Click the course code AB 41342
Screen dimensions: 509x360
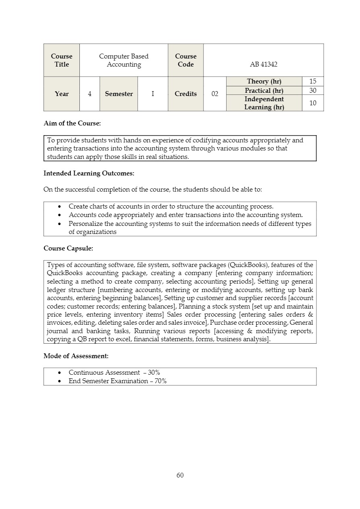pos(264,64)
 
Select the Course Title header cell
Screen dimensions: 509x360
pos(62,60)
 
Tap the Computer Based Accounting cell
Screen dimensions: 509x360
pos(124,60)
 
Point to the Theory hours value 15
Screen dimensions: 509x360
pos(312,81)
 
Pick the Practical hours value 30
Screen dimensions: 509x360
pos(312,90)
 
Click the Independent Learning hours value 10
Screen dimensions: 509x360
pos(312,103)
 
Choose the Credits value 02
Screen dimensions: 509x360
pos(215,94)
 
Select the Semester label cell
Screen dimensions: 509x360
pos(119,94)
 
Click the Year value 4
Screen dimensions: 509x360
pos(89,94)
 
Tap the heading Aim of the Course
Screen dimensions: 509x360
pos(72,123)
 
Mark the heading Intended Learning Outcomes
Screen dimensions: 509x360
pos(89,173)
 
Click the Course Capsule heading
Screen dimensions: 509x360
pos(68,248)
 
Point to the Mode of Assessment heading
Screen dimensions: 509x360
pos(76,356)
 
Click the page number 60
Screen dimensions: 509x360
pos(180,475)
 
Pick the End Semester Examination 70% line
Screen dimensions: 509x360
pos(117,381)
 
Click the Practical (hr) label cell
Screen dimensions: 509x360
pos(264,90)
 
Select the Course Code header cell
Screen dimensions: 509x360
pos(185,60)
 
